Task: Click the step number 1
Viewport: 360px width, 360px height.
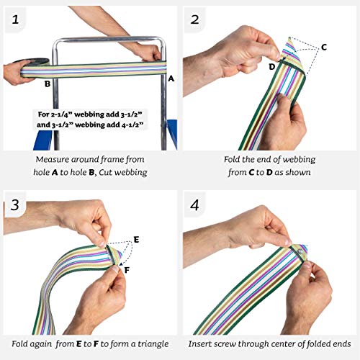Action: point(15,19)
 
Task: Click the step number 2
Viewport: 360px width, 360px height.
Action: point(194,19)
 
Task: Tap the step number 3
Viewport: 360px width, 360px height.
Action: point(15,205)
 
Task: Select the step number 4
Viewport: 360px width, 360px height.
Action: point(194,205)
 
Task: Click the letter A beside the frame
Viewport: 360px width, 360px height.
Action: point(171,78)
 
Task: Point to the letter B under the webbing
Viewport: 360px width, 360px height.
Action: point(48,84)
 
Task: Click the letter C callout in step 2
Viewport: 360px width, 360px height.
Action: point(324,48)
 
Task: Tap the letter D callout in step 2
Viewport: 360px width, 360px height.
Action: point(272,67)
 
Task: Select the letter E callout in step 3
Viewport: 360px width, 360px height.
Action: point(136,239)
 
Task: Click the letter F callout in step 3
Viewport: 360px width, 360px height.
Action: point(127,271)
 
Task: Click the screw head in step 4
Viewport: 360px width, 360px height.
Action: point(300,252)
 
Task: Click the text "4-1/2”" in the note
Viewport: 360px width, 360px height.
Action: point(132,125)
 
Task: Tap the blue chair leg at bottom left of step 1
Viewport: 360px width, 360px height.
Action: point(43,140)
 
